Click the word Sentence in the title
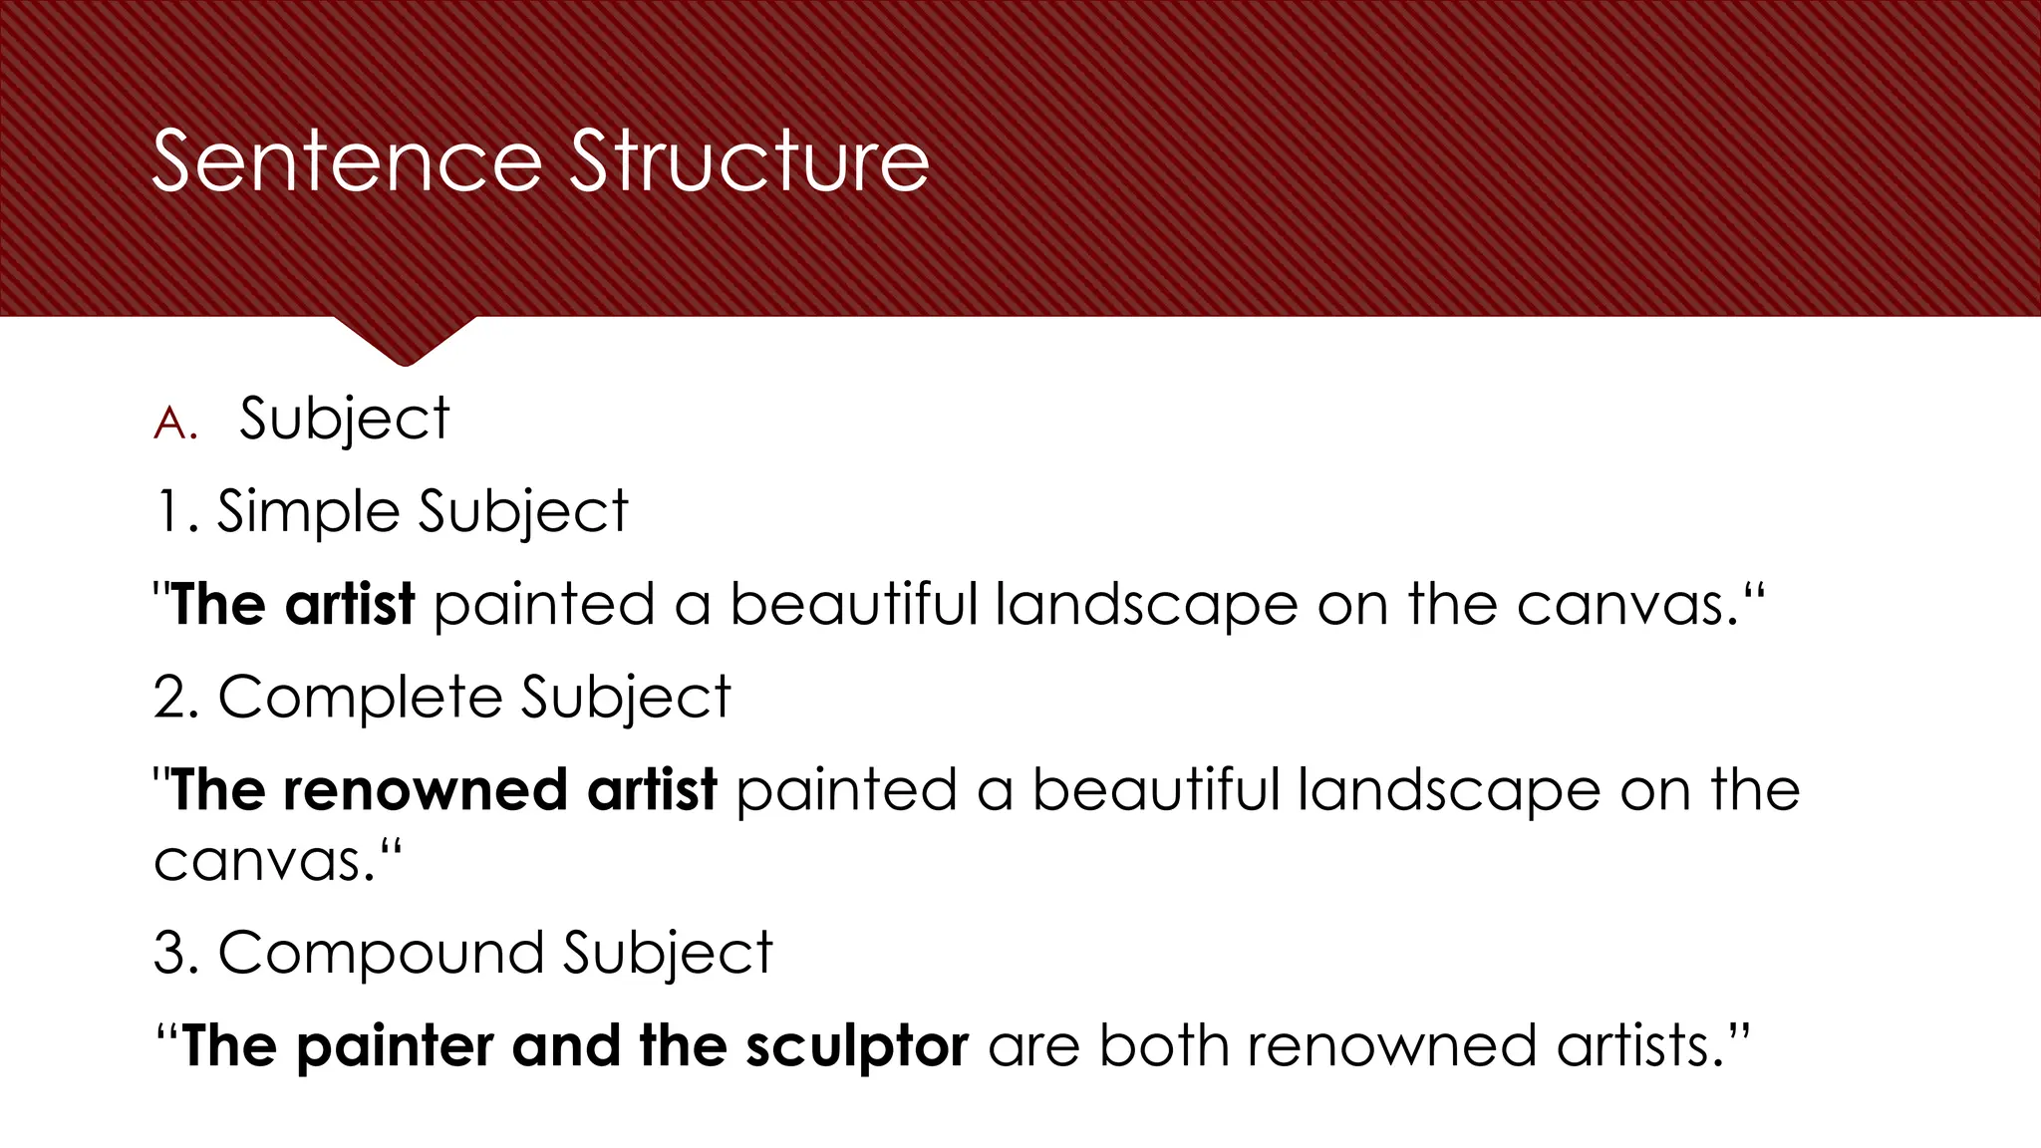click(x=347, y=161)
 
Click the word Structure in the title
click(x=749, y=161)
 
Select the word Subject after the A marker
click(x=344, y=420)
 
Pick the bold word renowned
click(x=426, y=790)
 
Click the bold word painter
click(x=395, y=1046)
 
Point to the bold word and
click(x=566, y=1046)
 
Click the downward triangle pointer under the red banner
click(x=405, y=340)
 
